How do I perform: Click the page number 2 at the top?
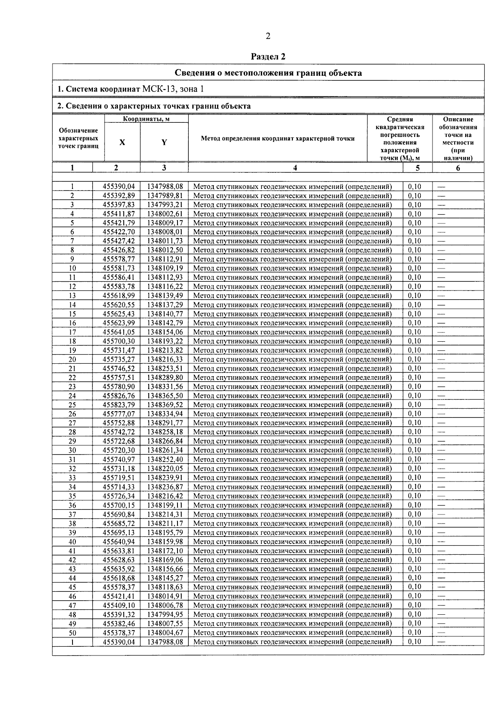point(268,36)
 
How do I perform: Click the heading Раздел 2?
point(268,57)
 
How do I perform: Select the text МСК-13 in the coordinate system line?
point(160,89)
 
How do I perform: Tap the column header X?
point(122,142)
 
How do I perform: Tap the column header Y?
point(164,142)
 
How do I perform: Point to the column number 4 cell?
point(295,168)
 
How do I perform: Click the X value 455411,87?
point(119,214)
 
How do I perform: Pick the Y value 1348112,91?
point(165,259)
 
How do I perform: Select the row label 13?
point(72,295)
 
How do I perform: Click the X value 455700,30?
point(119,341)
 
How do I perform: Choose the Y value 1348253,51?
point(165,368)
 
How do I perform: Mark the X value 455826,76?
point(119,396)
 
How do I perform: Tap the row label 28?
point(72,432)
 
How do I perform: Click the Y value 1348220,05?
point(165,469)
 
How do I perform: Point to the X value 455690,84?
point(119,514)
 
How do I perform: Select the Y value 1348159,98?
point(165,541)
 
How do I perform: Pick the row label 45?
point(72,587)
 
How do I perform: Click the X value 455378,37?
point(119,633)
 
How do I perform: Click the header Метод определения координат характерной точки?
point(277,139)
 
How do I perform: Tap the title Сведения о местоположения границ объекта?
point(268,73)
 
